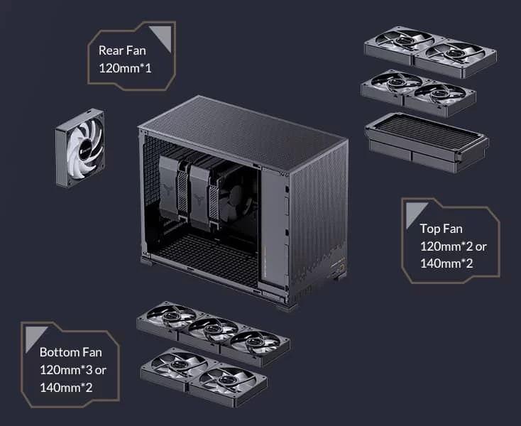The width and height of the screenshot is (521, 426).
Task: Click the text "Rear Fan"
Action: tap(122, 50)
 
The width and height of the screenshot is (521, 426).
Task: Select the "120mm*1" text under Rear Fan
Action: tap(125, 68)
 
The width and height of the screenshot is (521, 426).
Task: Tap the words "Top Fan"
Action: tap(441, 229)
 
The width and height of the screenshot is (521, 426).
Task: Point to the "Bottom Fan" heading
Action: tap(71, 352)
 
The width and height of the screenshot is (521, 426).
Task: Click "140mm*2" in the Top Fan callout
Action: tap(446, 263)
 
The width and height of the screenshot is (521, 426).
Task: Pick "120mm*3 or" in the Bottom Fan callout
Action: tap(73, 370)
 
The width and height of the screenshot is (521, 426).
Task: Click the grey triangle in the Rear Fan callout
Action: tap(160, 38)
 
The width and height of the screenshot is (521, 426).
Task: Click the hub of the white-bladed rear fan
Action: tap(85, 146)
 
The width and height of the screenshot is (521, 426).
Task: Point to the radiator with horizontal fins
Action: tap(427, 142)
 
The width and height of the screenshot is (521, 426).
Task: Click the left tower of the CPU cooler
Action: tap(170, 189)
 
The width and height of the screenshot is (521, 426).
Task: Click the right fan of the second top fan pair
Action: tap(440, 97)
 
